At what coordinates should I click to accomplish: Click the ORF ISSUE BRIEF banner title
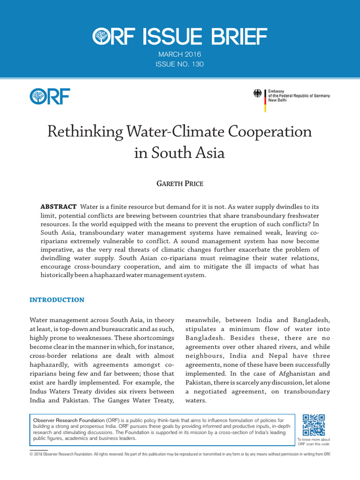coord(180,37)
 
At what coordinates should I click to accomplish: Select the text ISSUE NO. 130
coord(180,64)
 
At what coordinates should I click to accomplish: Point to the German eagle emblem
coord(258,93)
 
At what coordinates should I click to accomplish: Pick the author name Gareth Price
coord(180,183)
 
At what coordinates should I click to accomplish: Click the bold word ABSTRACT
coord(59,207)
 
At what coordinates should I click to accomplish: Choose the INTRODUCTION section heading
coord(57,300)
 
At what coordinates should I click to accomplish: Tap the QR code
coord(314,425)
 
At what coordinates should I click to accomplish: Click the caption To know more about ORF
coord(314,442)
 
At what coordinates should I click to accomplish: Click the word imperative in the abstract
coord(60,249)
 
